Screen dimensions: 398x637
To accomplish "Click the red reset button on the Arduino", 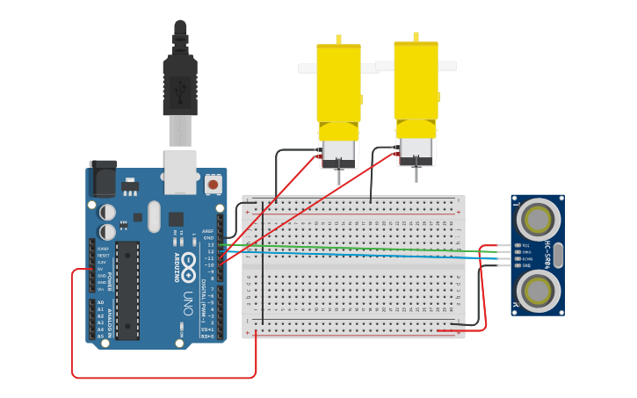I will [213, 185].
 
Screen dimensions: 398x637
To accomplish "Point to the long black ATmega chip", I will [128, 289].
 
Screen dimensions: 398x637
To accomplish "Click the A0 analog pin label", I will [100, 302].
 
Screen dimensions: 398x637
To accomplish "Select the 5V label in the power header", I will [101, 268].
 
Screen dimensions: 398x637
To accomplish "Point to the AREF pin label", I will [207, 231].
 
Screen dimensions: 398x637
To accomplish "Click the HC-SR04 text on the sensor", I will [547, 252].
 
